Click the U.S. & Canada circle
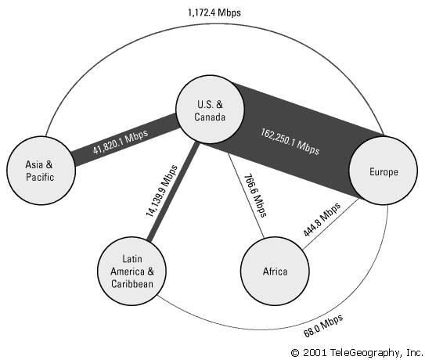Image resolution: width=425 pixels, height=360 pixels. point(210,110)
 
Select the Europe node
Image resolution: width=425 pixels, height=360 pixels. point(383,171)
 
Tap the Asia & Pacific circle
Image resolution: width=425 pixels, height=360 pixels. point(41,171)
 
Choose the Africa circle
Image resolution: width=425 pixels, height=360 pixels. point(275,271)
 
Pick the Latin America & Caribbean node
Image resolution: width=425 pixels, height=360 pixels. point(131,271)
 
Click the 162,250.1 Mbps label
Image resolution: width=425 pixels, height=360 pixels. point(290,142)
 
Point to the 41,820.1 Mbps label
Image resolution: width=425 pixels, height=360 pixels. point(121,142)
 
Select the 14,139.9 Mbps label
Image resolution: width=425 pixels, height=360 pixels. point(162,191)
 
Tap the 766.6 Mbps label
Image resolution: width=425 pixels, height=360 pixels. point(255,196)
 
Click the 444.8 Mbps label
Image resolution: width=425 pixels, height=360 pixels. point(321,220)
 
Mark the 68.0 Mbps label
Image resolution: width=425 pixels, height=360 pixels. point(323,326)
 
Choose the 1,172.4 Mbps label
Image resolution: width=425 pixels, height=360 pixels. point(214,13)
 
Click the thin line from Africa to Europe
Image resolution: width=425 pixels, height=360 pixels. point(330,224)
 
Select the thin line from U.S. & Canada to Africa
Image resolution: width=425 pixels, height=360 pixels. point(246,196)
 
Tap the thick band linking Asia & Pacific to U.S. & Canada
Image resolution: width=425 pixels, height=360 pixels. point(125,140)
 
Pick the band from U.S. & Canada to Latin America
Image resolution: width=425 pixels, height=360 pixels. point(172,192)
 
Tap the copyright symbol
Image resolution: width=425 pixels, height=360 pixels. point(295,353)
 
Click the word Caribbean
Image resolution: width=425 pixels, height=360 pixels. point(132,283)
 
